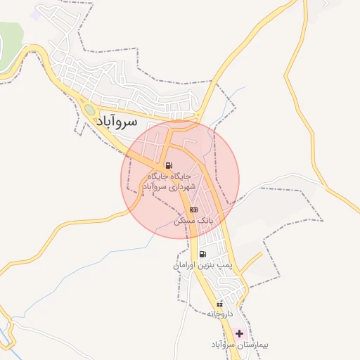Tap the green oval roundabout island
click(90, 110)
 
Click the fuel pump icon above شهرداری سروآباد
click(167, 167)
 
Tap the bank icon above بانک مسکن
click(194, 210)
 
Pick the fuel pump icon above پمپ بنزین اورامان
click(202, 255)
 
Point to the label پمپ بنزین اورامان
click(202, 266)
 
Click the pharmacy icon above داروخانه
click(220, 304)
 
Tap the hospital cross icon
click(240, 333)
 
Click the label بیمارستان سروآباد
click(240, 345)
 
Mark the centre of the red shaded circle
click(181, 179)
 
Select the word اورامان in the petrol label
click(187, 266)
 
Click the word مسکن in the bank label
click(186, 221)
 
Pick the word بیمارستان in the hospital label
click(256, 345)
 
